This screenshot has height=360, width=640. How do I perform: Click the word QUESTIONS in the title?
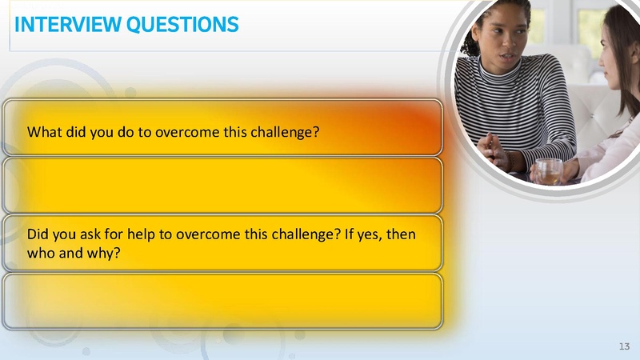pyautogui.click(x=182, y=25)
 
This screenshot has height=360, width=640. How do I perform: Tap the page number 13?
pyautogui.click(x=624, y=345)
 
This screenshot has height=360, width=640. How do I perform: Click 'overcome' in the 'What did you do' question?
pyautogui.click(x=186, y=130)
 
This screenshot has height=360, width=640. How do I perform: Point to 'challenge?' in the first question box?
pyautogui.click(x=284, y=130)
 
